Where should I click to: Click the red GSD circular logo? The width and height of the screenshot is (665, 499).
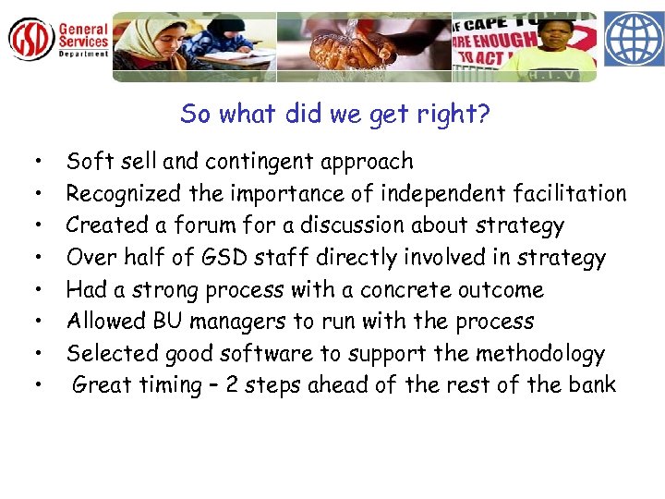pos(31,40)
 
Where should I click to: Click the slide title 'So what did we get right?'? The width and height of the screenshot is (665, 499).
pos(335,114)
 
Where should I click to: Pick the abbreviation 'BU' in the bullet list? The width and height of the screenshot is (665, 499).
pos(166,322)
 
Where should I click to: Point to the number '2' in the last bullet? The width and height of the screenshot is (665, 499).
pos(232,385)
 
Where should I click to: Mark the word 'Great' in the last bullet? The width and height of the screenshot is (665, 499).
pos(102,385)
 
